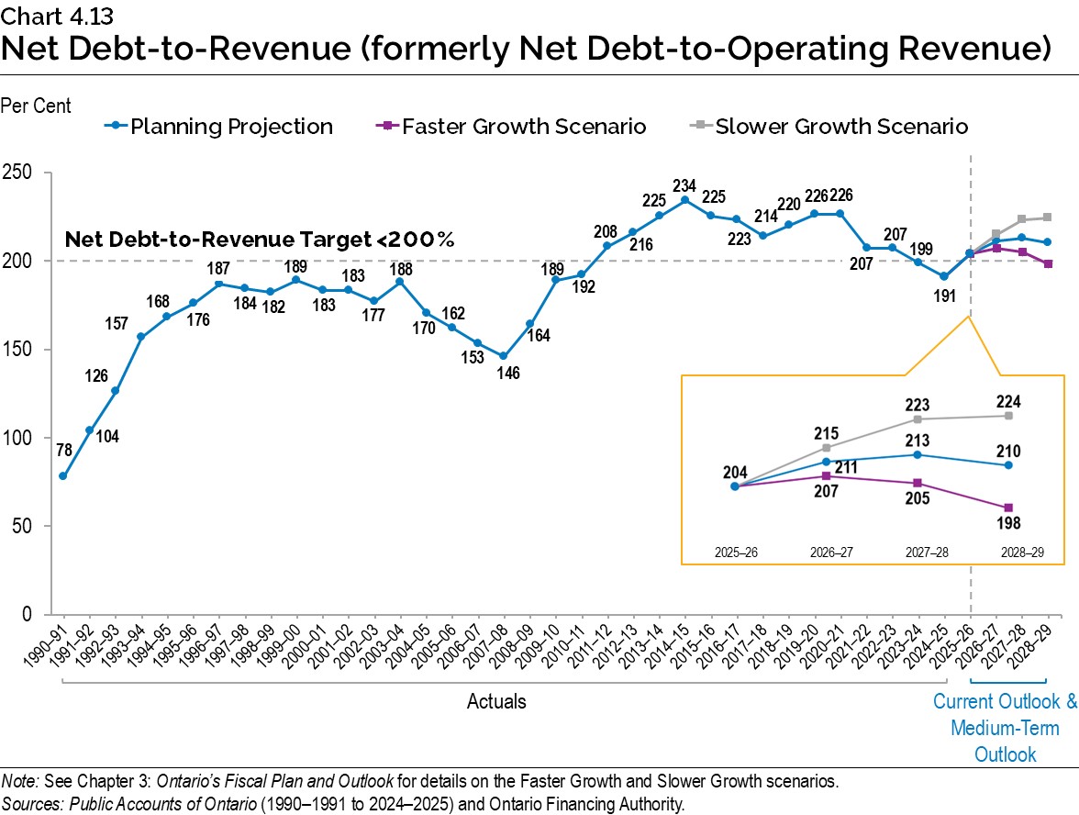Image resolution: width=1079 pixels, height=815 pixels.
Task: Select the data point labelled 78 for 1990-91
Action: (x=62, y=475)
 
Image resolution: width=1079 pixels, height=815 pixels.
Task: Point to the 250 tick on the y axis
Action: (x=20, y=173)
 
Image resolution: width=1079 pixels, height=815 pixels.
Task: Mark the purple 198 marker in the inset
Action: (x=1008, y=508)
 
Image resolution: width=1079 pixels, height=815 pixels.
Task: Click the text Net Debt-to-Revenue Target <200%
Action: (x=260, y=240)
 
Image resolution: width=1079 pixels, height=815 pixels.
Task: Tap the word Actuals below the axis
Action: (x=496, y=702)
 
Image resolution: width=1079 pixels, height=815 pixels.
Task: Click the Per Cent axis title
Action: (x=36, y=107)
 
